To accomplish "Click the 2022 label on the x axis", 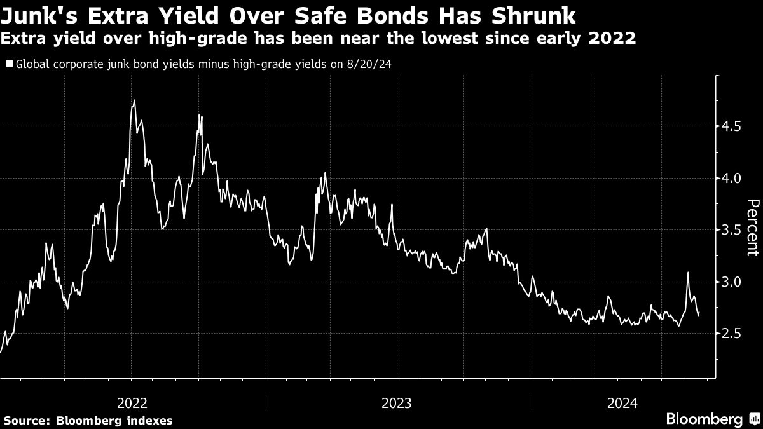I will click(132, 403).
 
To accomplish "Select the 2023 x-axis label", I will click(396, 403).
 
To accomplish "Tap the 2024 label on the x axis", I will click(622, 403).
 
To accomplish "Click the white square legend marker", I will click(8, 64).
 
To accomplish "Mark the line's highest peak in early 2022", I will click(134, 100).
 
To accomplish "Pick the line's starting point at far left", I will click(1, 351).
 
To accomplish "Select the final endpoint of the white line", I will click(699, 313).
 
